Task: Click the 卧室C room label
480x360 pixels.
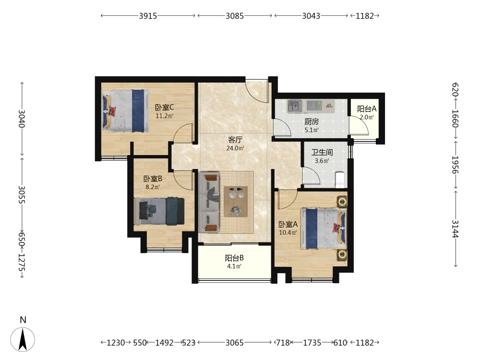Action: [x=164, y=108]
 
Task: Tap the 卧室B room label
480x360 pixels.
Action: [x=153, y=179]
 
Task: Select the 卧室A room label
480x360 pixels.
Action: [x=288, y=224]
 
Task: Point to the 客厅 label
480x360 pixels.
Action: [x=235, y=140]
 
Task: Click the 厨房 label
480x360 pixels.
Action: [x=312, y=122]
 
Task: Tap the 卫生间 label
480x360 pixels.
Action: [x=322, y=153]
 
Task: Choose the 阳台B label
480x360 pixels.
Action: [x=234, y=258]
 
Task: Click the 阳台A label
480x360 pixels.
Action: [x=367, y=109]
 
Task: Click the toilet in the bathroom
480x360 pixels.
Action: [x=340, y=180]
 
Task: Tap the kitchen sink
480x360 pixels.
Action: [x=295, y=106]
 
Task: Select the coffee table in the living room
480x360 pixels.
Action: [x=236, y=202]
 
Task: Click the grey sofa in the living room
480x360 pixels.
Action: [x=209, y=203]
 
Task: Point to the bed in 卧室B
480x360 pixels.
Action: [x=159, y=212]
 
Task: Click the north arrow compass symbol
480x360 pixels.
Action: [x=23, y=339]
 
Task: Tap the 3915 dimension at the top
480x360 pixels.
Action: [x=148, y=16]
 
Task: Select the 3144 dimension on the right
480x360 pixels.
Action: [x=455, y=228]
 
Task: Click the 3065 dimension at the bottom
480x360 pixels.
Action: [x=235, y=343]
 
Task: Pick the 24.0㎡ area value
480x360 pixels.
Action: [x=235, y=148]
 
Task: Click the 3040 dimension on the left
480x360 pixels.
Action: [x=22, y=119]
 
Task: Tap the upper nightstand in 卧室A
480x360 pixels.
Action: [x=342, y=202]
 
